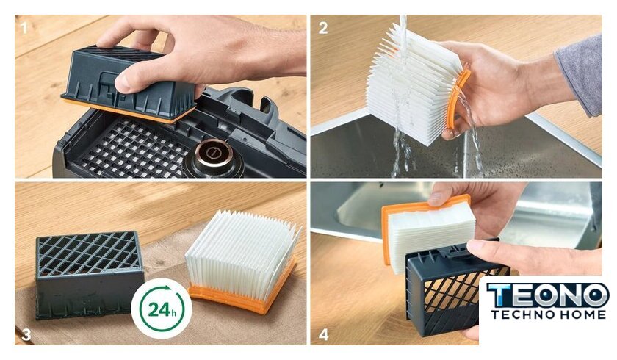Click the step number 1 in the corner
[x=24, y=28]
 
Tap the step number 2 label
[x=323, y=28]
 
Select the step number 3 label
[x=26, y=334]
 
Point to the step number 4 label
[x=323, y=334]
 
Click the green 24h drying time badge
[x=162, y=309]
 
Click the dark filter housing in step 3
[x=89, y=274]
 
